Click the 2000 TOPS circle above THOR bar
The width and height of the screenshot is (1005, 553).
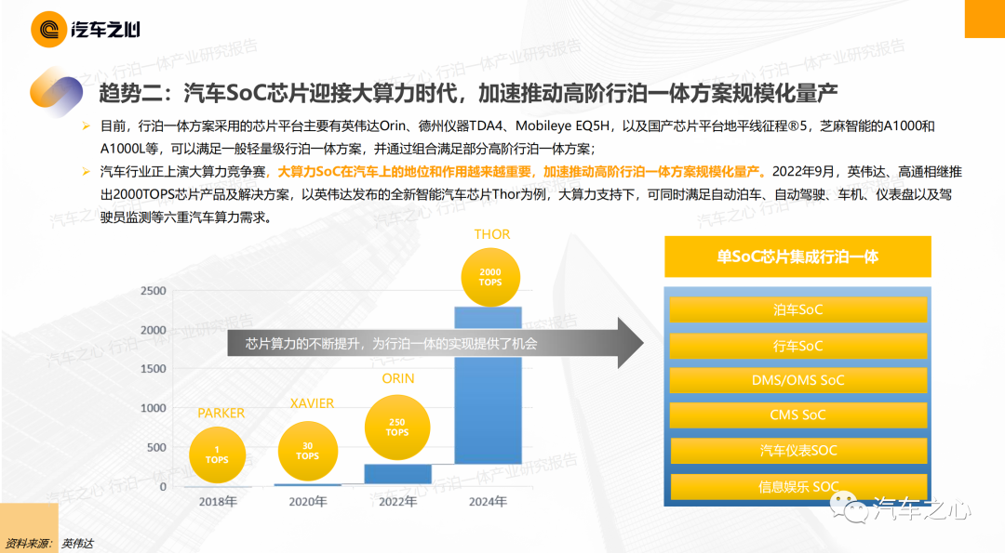490,277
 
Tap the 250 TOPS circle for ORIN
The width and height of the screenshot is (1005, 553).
397,427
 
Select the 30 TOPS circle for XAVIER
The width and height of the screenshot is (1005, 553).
308,452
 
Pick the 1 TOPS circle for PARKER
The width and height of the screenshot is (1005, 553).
217,455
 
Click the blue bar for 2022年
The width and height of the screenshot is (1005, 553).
398,474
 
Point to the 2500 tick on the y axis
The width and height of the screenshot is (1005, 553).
154,291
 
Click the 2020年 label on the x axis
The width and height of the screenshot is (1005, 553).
308,502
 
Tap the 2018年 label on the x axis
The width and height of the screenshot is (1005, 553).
218,502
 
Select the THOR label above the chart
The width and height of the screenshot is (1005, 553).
492,234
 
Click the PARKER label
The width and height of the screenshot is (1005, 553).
221,414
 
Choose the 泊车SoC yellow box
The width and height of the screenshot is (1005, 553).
798,309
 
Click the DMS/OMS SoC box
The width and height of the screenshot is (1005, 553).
798,380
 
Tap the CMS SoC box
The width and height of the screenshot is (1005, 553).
798,415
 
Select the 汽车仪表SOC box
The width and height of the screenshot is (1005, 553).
798,451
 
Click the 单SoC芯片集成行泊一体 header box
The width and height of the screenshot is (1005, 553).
798,257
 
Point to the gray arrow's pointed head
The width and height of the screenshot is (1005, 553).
643,343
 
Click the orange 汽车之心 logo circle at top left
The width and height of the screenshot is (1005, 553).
48,30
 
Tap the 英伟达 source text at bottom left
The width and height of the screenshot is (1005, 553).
77,544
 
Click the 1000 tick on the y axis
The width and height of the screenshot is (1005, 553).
154,408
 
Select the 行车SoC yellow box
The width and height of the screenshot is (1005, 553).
798,346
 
